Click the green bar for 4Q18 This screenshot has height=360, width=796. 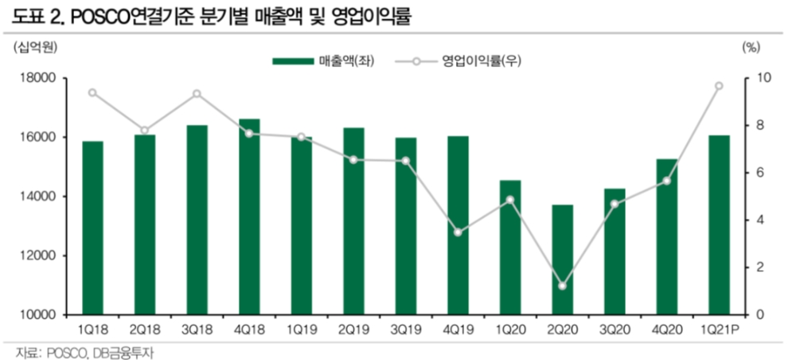point(248,217)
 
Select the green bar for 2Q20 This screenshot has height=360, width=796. point(563,260)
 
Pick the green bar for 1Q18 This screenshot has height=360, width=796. point(92,228)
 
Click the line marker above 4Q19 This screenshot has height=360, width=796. point(458,233)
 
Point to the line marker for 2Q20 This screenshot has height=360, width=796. point(563,286)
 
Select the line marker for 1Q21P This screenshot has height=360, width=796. point(719,86)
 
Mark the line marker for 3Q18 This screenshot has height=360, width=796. point(197,94)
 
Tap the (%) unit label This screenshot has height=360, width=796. point(751,47)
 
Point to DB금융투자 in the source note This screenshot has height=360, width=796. point(119,352)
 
